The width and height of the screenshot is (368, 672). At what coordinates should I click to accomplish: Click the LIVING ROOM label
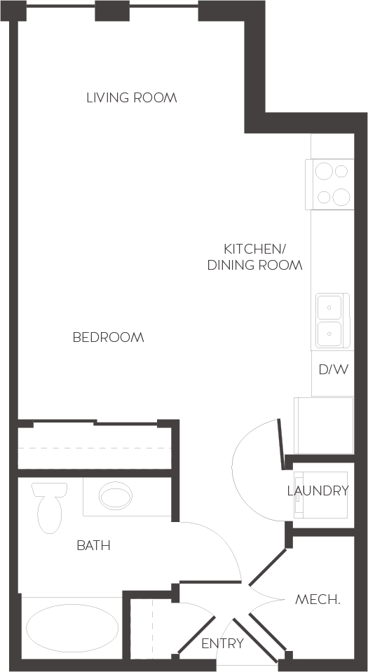coord(131,97)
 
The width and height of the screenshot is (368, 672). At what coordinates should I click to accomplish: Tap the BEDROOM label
coord(108,337)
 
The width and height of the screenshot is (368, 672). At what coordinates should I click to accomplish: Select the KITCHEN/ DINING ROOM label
coord(254,256)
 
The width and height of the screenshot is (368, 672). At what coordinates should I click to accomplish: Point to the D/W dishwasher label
coord(333,369)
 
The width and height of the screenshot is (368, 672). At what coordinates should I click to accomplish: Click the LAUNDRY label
coord(318,491)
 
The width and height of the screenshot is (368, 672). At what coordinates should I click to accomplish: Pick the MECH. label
coord(318,599)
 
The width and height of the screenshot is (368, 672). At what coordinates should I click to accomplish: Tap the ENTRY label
coord(222,643)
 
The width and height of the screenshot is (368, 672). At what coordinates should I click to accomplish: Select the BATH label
coord(93,545)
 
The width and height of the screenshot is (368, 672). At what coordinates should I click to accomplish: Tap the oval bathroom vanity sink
coord(116,497)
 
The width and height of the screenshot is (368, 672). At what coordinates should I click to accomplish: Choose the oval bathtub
coord(71,628)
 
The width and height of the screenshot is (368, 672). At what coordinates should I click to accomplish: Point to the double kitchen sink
coord(329,320)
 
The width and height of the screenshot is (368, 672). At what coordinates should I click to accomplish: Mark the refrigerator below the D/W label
coord(324,425)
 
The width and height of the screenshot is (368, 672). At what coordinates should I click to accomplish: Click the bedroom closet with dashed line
coord(95,447)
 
